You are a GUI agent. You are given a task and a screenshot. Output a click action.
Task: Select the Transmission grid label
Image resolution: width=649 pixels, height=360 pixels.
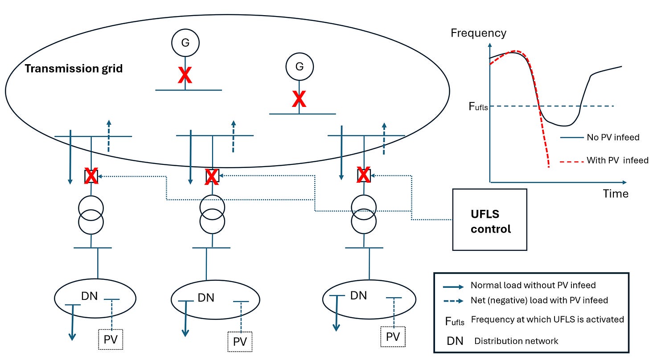click(x=74, y=69)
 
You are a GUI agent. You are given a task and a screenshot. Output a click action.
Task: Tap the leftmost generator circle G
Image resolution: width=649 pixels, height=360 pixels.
click(x=185, y=44)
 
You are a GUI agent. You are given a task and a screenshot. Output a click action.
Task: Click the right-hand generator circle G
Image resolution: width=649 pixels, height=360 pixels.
click(x=299, y=66)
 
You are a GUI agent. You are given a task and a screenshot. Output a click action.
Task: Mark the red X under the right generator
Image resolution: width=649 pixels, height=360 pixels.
click(x=299, y=99)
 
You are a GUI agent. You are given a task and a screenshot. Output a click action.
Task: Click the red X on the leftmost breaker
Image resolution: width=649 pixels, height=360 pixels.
click(x=91, y=176)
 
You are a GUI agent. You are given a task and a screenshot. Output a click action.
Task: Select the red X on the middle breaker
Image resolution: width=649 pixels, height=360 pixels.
click(x=212, y=177)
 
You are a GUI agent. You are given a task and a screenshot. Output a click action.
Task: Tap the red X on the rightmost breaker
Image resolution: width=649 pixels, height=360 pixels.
click(x=364, y=176)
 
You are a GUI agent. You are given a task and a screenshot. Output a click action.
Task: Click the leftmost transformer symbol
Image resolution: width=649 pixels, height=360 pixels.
click(x=91, y=214)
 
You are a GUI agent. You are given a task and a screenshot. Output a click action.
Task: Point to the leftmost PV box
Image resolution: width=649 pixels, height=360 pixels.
click(x=110, y=340)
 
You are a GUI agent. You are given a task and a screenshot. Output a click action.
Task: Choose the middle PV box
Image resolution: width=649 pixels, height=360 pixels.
click(x=240, y=342)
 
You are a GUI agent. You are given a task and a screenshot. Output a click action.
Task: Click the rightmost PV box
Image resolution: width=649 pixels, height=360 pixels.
click(x=393, y=337)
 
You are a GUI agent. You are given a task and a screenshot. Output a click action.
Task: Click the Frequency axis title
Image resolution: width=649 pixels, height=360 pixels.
click(x=478, y=33)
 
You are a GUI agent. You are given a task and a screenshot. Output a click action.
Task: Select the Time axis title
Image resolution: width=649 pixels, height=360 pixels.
click(x=616, y=193)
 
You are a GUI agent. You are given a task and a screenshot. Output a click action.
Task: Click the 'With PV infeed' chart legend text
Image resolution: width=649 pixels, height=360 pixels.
click(x=617, y=160)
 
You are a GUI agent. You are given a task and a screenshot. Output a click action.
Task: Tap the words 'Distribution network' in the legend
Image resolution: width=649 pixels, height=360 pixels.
click(x=516, y=341)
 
